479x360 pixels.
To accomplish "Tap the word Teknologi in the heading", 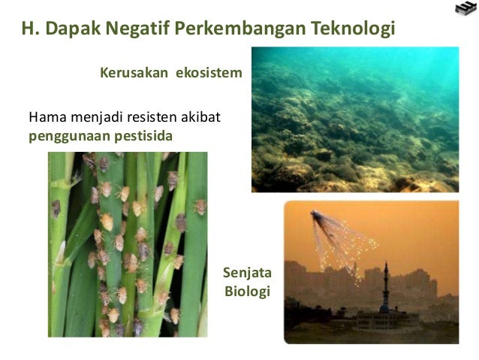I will tap(350, 29).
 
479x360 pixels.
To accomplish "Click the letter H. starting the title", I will tap(31, 29).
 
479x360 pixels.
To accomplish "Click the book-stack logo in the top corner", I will tap(465, 11).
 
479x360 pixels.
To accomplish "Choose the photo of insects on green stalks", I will tap(127, 244).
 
